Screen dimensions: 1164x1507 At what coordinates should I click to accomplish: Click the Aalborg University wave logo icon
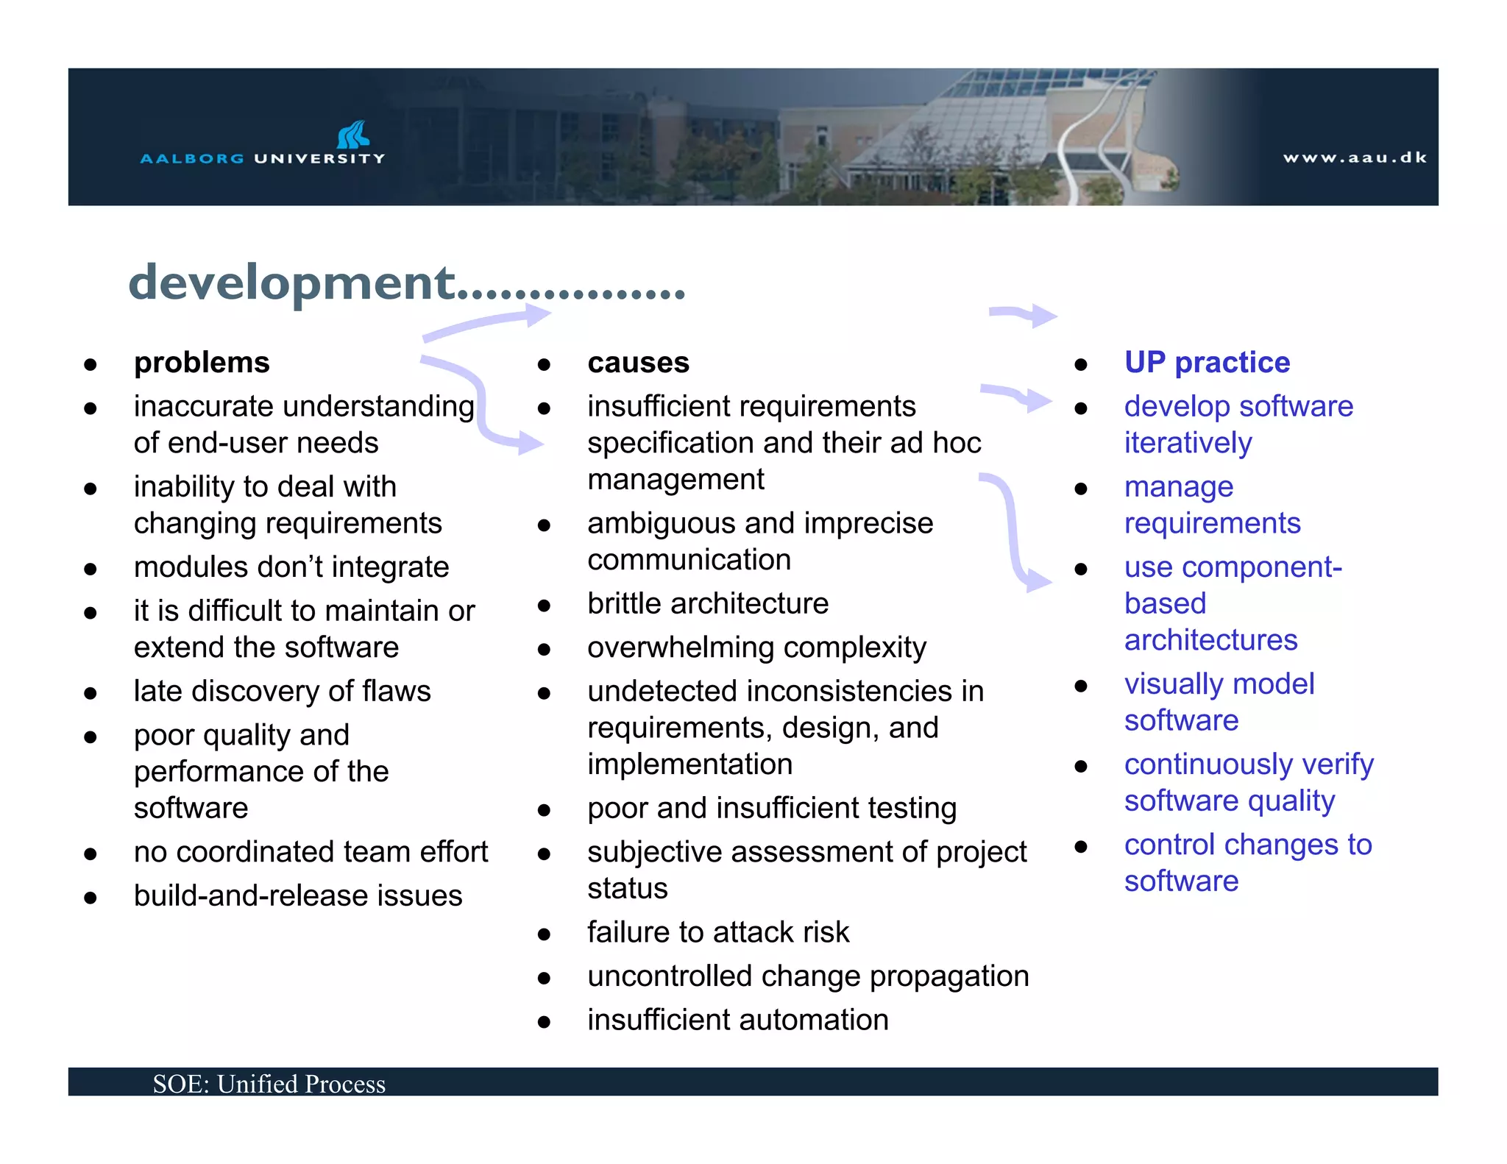(353, 135)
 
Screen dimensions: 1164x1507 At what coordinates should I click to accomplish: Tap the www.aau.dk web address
(1354, 157)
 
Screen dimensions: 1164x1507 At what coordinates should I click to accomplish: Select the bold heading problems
(202, 363)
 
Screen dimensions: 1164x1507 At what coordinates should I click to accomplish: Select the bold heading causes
(638, 363)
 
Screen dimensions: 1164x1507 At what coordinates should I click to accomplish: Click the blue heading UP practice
(1207, 363)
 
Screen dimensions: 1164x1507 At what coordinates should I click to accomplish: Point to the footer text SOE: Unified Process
(269, 1084)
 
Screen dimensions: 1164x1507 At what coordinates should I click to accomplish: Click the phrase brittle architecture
(707, 603)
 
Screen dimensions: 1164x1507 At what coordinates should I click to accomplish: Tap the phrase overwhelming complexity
(756, 647)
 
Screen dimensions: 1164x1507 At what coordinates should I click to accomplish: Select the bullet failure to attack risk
(717, 932)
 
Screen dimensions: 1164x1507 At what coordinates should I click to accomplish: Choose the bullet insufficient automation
(737, 1020)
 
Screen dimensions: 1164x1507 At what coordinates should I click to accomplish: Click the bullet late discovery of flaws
(282, 691)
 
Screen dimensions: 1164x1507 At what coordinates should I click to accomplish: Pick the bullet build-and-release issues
(298, 895)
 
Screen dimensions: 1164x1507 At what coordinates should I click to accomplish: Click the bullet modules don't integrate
(291, 567)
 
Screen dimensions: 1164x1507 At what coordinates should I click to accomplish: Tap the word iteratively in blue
(1188, 443)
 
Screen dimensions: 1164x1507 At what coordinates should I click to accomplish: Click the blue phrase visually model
(1219, 684)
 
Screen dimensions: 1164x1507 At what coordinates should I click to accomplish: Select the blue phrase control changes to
(1247, 845)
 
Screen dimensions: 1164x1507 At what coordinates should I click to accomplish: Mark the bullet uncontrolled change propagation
(807, 976)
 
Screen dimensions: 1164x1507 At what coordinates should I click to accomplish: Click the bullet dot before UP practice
(1080, 364)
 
